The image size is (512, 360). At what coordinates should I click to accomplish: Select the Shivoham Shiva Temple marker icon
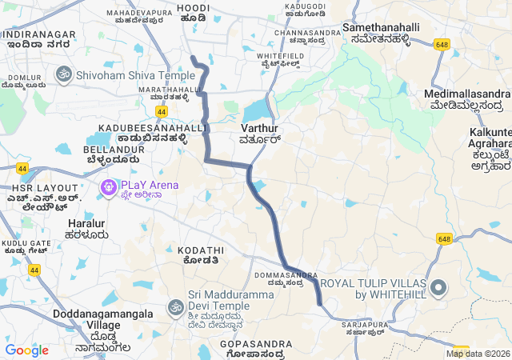(x=63, y=74)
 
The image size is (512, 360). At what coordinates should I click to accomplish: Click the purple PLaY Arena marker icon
(x=106, y=189)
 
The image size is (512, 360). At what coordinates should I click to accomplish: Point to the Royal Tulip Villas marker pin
(x=438, y=287)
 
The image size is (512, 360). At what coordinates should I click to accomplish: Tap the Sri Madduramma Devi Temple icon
(x=175, y=306)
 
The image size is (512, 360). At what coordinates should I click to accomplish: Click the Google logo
(x=26, y=350)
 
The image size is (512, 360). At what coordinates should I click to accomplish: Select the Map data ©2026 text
(x=478, y=354)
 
